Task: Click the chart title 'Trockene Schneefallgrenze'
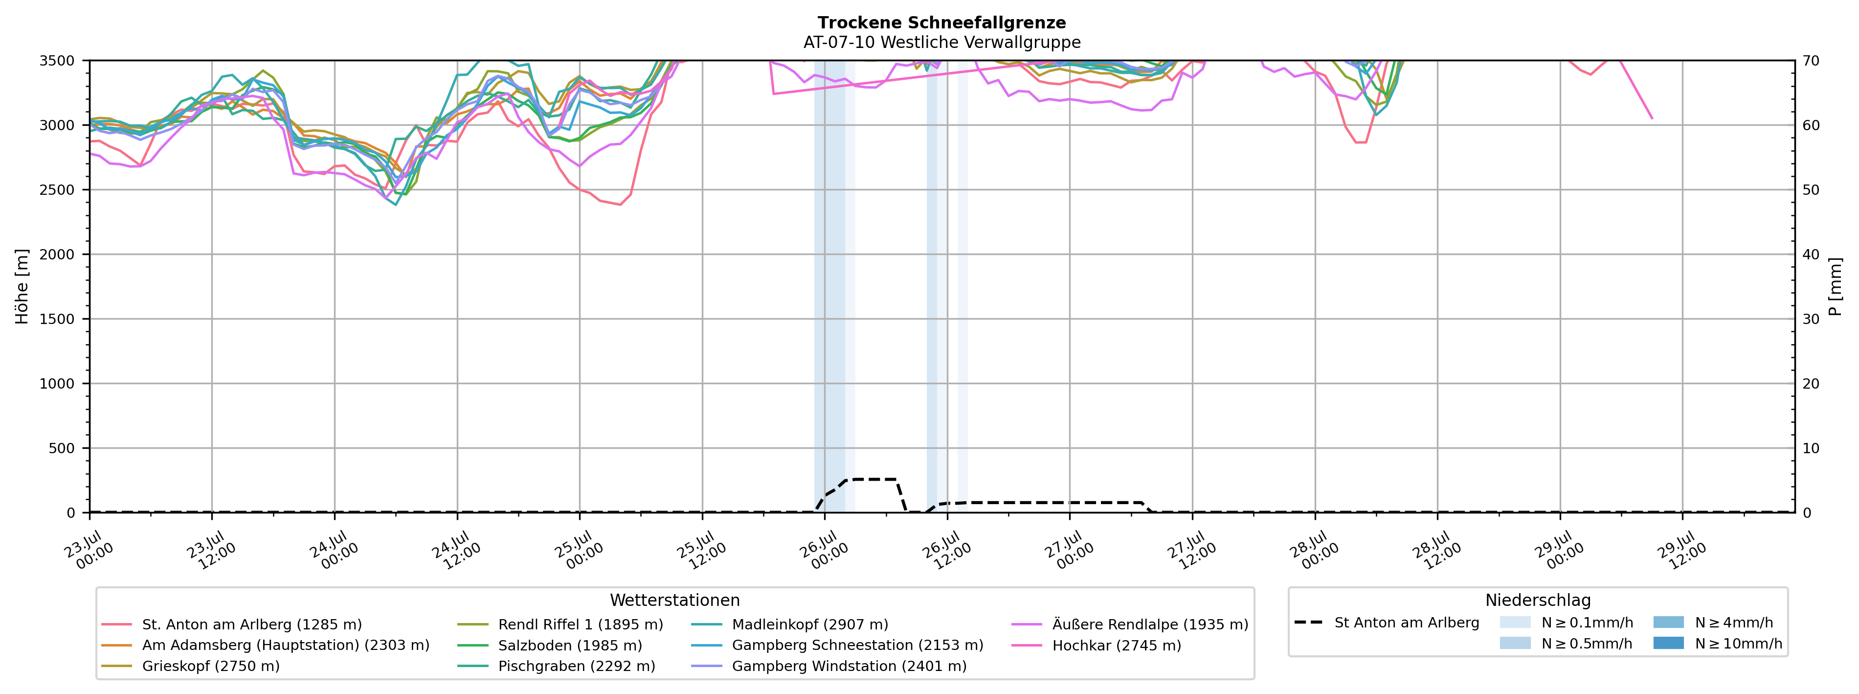click(x=942, y=23)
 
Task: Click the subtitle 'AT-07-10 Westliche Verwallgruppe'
click(x=942, y=42)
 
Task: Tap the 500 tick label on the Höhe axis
click(x=62, y=448)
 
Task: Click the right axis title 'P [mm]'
click(x=1835, y=287)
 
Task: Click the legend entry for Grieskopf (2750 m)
click(x=191, y=666)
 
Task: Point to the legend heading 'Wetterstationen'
click(x=675, y=600)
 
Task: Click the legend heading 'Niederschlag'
click(x=1538, y=600)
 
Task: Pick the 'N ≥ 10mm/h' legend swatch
click(x=1668, y=643)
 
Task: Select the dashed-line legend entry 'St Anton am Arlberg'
click(x=1387, y=623)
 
